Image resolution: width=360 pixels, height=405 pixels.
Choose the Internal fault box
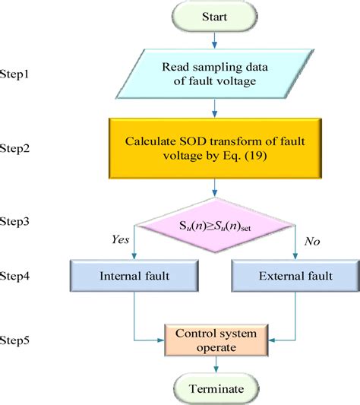coord(134,277)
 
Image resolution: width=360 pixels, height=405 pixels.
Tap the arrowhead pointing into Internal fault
coord(134,257)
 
